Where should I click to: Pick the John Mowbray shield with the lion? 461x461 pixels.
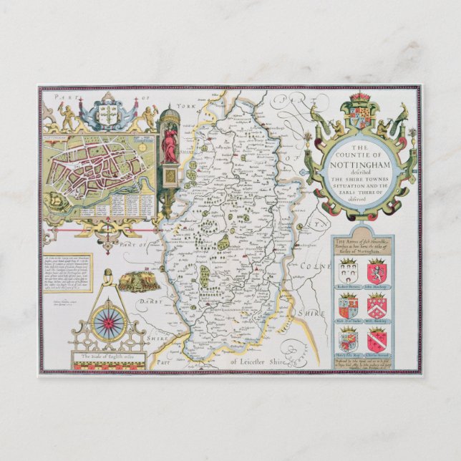377,272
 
